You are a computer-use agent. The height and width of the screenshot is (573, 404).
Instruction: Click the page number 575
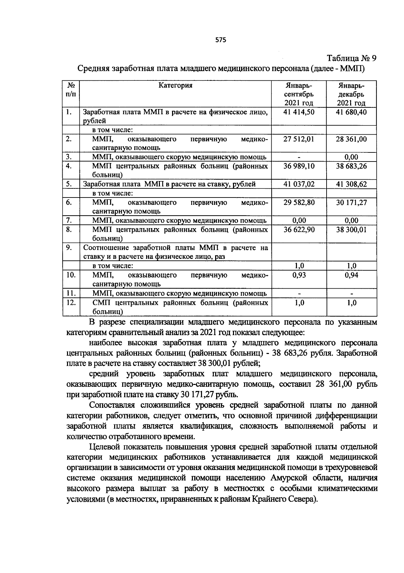221,40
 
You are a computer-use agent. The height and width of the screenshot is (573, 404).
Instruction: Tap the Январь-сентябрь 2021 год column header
299,94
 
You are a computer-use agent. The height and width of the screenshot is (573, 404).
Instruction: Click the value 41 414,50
299,112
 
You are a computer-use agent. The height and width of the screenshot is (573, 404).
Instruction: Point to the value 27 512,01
299,139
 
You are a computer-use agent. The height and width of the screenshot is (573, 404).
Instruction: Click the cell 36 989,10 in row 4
299,166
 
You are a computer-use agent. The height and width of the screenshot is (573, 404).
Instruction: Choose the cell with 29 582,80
299,203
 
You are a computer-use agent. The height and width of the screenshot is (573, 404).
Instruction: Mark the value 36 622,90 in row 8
299,230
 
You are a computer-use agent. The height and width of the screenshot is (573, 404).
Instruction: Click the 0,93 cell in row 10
299,275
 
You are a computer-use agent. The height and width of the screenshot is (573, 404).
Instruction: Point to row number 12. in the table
71,302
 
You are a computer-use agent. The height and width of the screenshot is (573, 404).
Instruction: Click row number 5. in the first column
69,184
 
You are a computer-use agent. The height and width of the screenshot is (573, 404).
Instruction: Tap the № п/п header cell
71,90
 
